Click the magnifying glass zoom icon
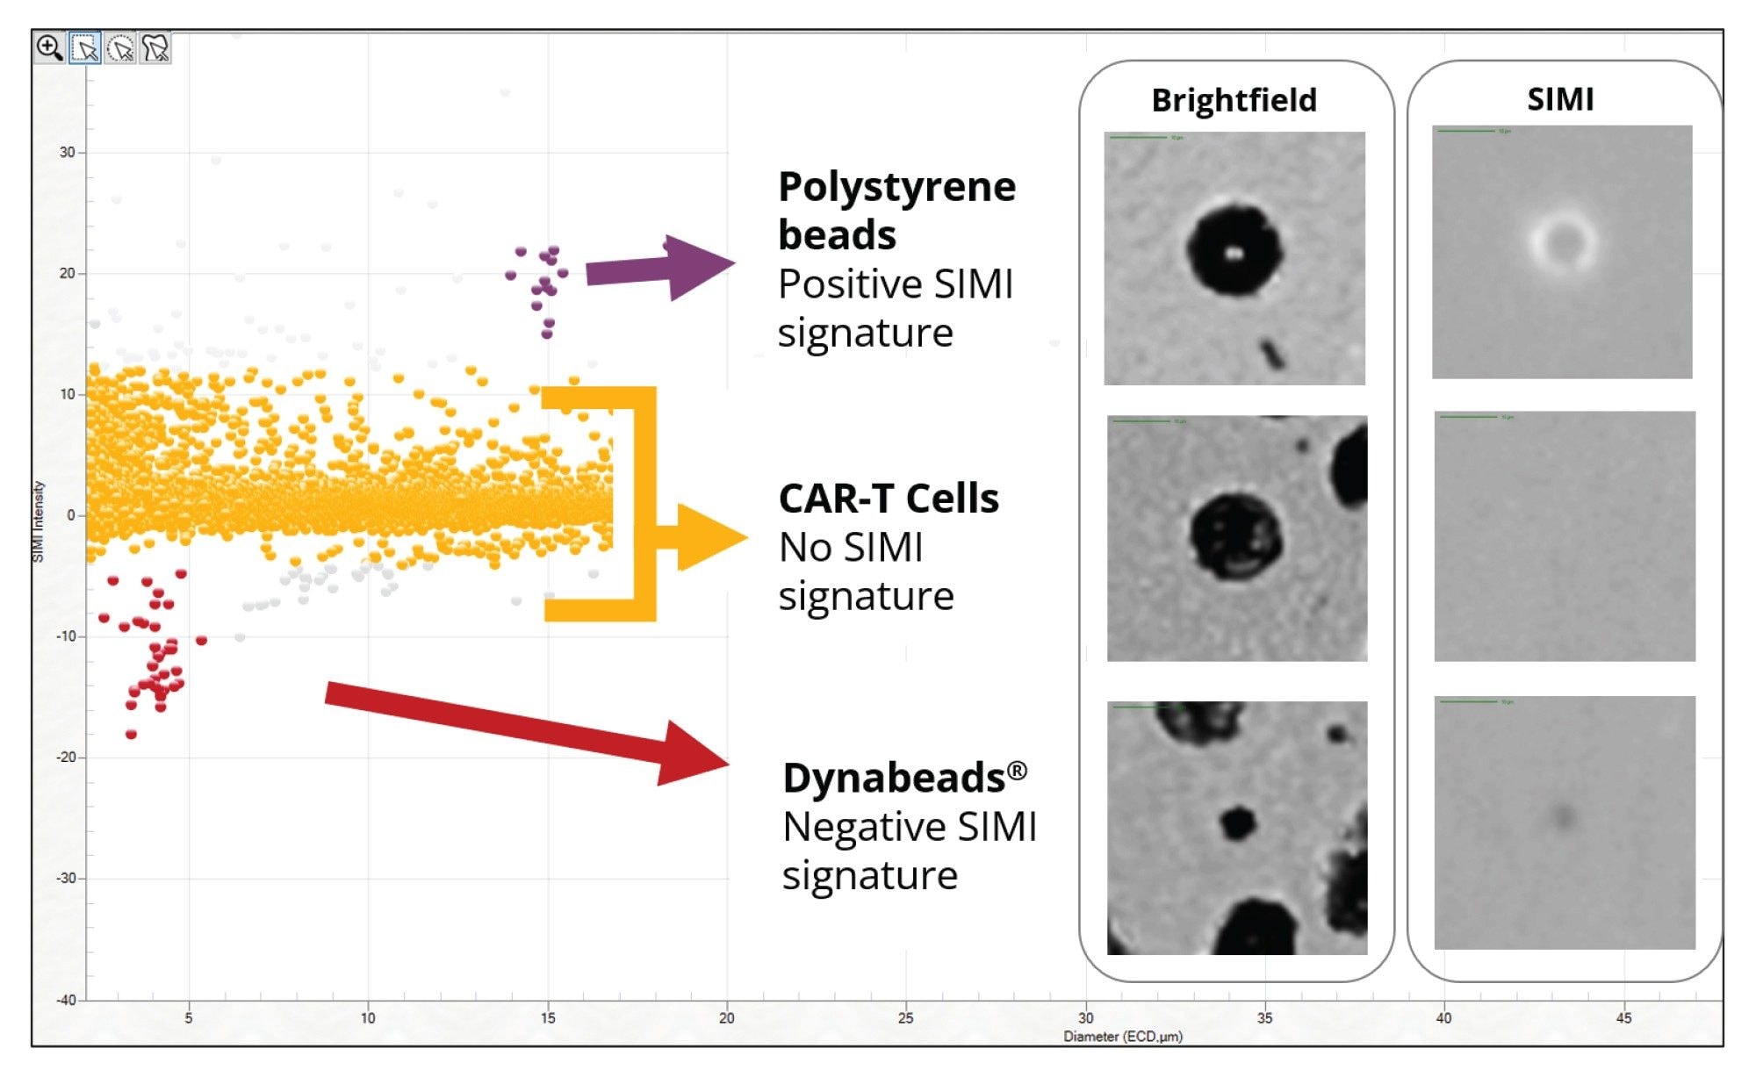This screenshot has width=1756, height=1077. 49,47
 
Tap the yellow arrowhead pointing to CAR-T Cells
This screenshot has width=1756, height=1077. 708,537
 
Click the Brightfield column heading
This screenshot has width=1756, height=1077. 1234,100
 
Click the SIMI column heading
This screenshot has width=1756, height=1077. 1560,99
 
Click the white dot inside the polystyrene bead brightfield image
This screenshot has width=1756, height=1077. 1233,255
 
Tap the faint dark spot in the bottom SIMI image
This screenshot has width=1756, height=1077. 1563,816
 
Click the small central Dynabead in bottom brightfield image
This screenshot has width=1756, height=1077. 1238,822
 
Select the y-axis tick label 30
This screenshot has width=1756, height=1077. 68,152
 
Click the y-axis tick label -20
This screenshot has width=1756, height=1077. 66,757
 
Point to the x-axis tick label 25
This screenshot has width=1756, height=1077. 905,1018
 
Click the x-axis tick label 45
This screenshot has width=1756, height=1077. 1623,1018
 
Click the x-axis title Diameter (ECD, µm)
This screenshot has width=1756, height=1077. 1123,1037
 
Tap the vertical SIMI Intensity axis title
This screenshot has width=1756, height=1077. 38,521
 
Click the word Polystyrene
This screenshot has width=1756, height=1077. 896,187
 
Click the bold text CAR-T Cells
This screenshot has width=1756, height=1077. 889,499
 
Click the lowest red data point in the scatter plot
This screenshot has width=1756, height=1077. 131,734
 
